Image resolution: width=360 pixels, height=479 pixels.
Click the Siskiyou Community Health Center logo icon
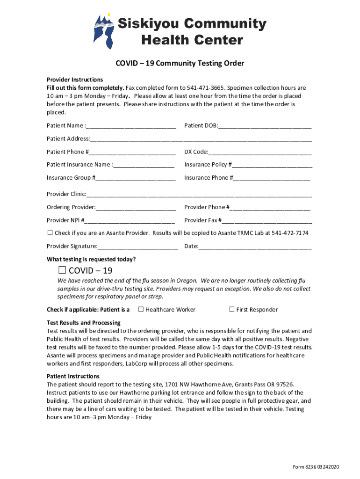pos(104,31)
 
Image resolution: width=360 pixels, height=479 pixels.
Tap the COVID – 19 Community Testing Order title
pos(180,63)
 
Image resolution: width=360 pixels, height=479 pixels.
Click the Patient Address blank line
pos(201,139)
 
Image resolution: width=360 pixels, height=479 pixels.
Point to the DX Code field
pos(260,152)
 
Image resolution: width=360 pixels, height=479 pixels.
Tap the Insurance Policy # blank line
pos(272,165)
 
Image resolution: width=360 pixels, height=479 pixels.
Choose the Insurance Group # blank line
pos(136,178)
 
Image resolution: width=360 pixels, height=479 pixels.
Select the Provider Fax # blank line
pos(267,220)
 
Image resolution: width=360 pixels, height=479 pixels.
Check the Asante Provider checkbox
pos(50,233)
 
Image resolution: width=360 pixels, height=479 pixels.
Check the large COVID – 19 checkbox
pos(62,270)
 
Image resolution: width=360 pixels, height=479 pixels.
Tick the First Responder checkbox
pos(231,309)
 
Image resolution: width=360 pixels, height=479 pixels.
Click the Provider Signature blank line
pos(138,247)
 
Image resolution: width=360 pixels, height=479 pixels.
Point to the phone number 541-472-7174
pos(290,233)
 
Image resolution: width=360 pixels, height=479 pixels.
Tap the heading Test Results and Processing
pos(84,323)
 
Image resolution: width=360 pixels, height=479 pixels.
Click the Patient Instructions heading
pos(73,376)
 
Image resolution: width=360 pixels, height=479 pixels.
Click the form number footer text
pos(316,467)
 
